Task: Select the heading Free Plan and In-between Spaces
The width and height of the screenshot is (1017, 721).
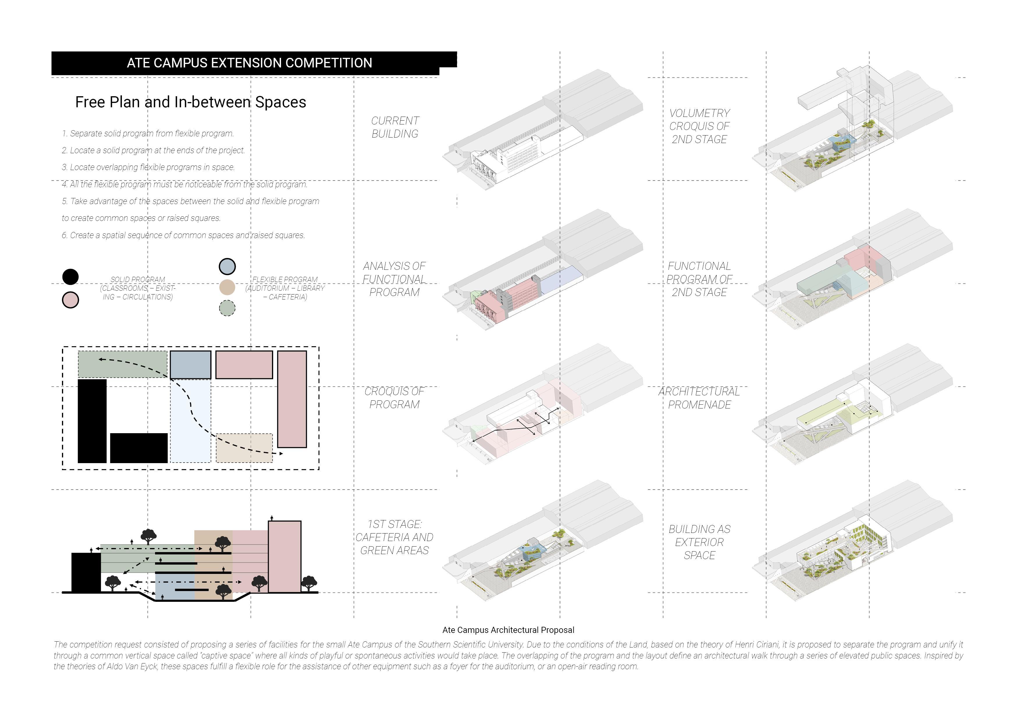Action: pos(191,102)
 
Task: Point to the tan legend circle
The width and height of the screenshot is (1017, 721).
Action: pos(227,287)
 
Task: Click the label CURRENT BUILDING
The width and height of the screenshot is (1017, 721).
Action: pos(395,127)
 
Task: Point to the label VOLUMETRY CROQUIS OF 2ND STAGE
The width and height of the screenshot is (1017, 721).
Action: pos(699,126)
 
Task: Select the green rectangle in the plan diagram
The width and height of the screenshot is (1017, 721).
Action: pos(122,364)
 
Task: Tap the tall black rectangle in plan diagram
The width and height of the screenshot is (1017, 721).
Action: pos(92,421)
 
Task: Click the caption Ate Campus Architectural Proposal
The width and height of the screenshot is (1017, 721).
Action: pos(508,630)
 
